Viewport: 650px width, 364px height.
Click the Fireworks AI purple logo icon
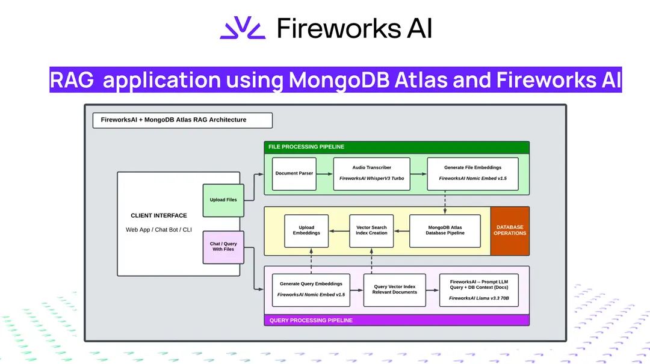click(x=242, y=28)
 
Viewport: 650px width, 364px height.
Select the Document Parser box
click(x=294, y=174)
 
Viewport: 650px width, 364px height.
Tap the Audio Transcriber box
click(x=371, y=174)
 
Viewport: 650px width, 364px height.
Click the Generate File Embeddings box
click(x=472, y=174)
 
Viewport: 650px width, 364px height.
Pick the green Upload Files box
click(x=223, y=200)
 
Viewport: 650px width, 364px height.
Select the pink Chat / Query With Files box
click(x=223, y=247)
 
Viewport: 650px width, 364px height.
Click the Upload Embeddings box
click(x=306, y=230)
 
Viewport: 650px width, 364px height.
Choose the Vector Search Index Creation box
click(x=371, y=230)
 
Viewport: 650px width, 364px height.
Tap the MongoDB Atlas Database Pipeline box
click(x=445, y=230)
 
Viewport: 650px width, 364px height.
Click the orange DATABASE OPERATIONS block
click(x=510, y=230)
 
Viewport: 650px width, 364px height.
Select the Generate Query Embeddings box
click(x=311, y=290)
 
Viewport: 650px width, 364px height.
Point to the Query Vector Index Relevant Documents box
click(x=394, y=290)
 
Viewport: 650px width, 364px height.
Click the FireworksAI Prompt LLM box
click(x=478, y=290)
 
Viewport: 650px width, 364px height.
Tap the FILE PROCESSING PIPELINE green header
click(x=397, y=147)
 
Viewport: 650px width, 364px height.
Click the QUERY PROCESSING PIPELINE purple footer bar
click(x=397, y=320)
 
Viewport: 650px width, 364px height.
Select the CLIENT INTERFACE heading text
click(x=159, y=215)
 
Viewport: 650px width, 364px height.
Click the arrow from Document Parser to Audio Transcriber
click(x=324, y=174)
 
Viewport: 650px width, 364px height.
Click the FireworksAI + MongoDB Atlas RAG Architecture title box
click(x=182, y=120)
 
